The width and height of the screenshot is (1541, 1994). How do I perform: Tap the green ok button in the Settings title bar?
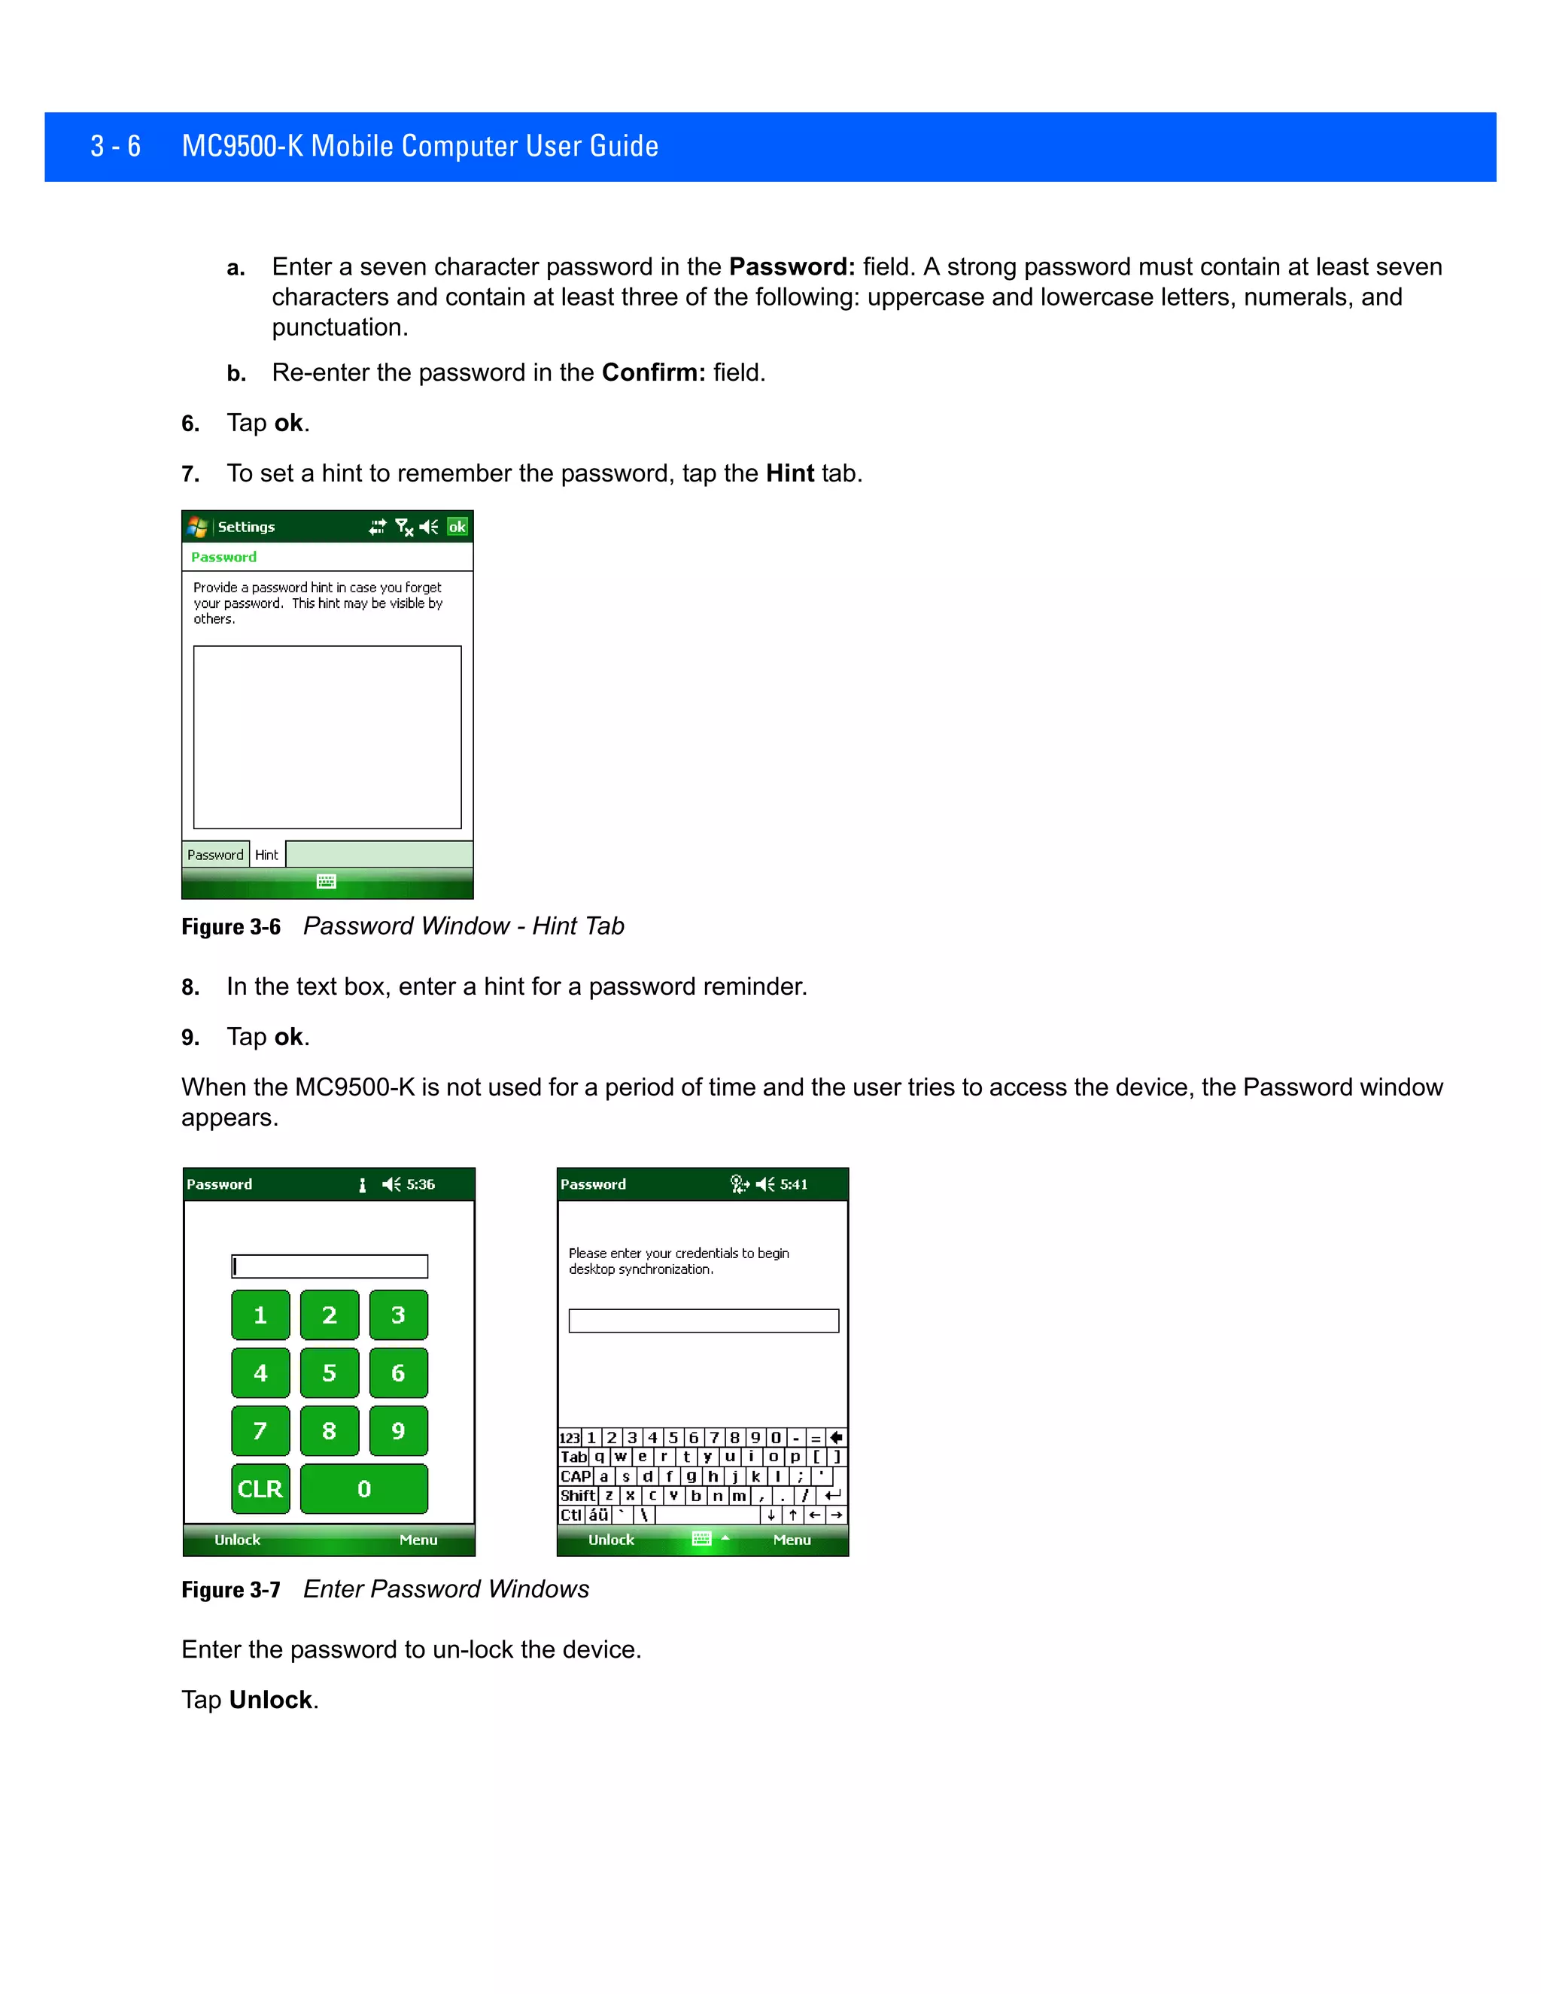click(x=457, y=527)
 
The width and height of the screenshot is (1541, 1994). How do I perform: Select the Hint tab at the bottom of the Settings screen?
click(x=266, y=855)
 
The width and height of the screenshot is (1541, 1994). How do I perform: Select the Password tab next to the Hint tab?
click(x=215, y=855)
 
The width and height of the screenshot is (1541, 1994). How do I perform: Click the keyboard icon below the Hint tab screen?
click(x=326, y=881)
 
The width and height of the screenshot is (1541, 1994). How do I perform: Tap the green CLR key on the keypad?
click(x=260, y=1489)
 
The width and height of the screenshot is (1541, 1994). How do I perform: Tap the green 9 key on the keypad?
click(x=398, y=1430)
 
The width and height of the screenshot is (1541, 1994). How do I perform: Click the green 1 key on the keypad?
click(x=260, y=1315)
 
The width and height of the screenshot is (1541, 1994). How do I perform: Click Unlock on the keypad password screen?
click(x=237, y=1540)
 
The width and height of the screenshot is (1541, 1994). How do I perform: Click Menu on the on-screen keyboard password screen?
click(x=792, y=1540)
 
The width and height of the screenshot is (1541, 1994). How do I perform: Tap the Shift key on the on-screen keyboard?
click(x=577, y=1496)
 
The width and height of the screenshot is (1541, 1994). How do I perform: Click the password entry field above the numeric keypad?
click(x=330, y=1266)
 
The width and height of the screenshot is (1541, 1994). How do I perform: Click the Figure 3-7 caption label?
click(x=231, y=1589)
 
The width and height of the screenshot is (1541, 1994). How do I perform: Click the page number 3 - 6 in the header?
click(x=116, y=146)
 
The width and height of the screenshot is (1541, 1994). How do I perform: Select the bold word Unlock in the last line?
click(x=270, y=1700)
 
